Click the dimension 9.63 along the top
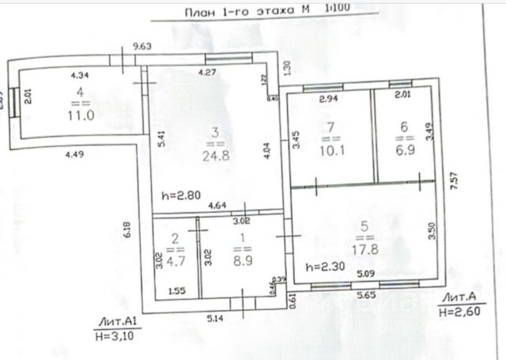[x=142, y=47]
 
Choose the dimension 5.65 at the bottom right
[x=364, y=294]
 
